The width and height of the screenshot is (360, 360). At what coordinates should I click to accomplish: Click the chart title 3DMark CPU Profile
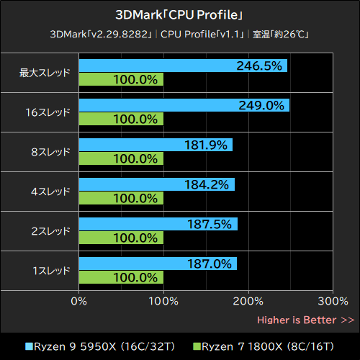179,14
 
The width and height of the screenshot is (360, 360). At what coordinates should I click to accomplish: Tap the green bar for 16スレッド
121,119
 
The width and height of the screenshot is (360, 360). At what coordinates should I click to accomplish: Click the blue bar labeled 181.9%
156,145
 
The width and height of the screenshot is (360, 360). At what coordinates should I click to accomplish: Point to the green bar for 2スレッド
121,238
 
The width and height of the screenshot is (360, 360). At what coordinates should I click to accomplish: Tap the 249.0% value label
261,105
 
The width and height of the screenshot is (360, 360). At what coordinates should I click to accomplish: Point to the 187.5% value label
210,224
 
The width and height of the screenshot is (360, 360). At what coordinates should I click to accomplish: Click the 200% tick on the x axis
248,300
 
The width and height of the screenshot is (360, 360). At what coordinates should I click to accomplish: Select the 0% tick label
79,300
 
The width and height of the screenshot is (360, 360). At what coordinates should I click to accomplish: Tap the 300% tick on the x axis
333,300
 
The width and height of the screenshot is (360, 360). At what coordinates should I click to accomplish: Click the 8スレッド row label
50,152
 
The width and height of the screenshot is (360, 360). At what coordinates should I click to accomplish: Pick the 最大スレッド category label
45,73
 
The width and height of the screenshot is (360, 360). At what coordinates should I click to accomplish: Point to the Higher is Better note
305,320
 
